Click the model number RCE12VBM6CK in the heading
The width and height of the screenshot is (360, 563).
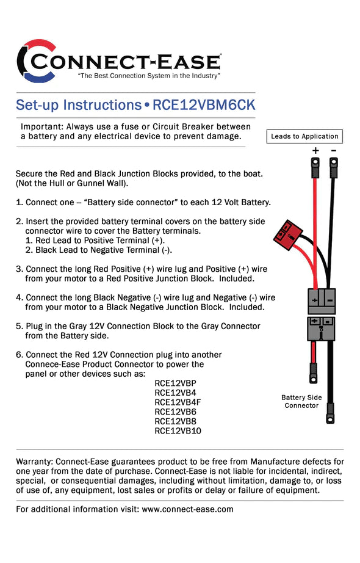203,104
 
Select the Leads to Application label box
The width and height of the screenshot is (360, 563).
304,136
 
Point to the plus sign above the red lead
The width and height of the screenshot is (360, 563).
315,150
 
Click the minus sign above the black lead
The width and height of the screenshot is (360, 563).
334,150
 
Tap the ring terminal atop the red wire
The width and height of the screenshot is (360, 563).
315,163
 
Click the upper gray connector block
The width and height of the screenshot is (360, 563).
321,300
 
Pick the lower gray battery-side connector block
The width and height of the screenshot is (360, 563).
321,328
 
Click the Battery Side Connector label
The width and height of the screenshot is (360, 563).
301,401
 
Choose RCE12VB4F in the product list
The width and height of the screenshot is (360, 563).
178,402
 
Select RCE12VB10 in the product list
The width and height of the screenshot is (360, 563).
178,430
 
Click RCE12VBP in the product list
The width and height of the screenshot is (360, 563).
176,383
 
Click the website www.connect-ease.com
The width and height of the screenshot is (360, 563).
187,509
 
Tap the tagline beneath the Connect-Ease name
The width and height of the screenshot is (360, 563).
149,76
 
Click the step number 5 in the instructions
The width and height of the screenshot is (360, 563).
19,326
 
